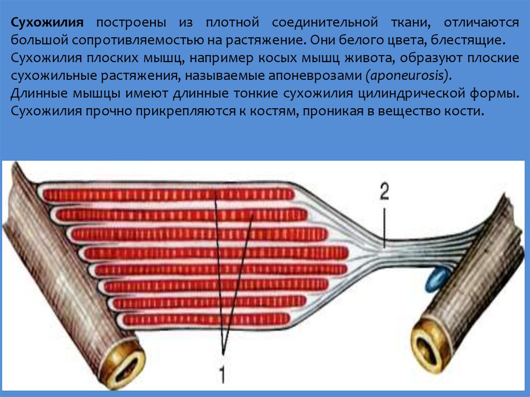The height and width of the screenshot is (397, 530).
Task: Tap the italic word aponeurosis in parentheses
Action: pyautogui.click(x=408, y=76)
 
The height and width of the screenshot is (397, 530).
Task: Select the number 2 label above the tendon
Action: pyautogui.click(x=384, y=193)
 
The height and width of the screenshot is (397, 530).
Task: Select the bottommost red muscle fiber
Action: pyautogui.click(x=207, y=319)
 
